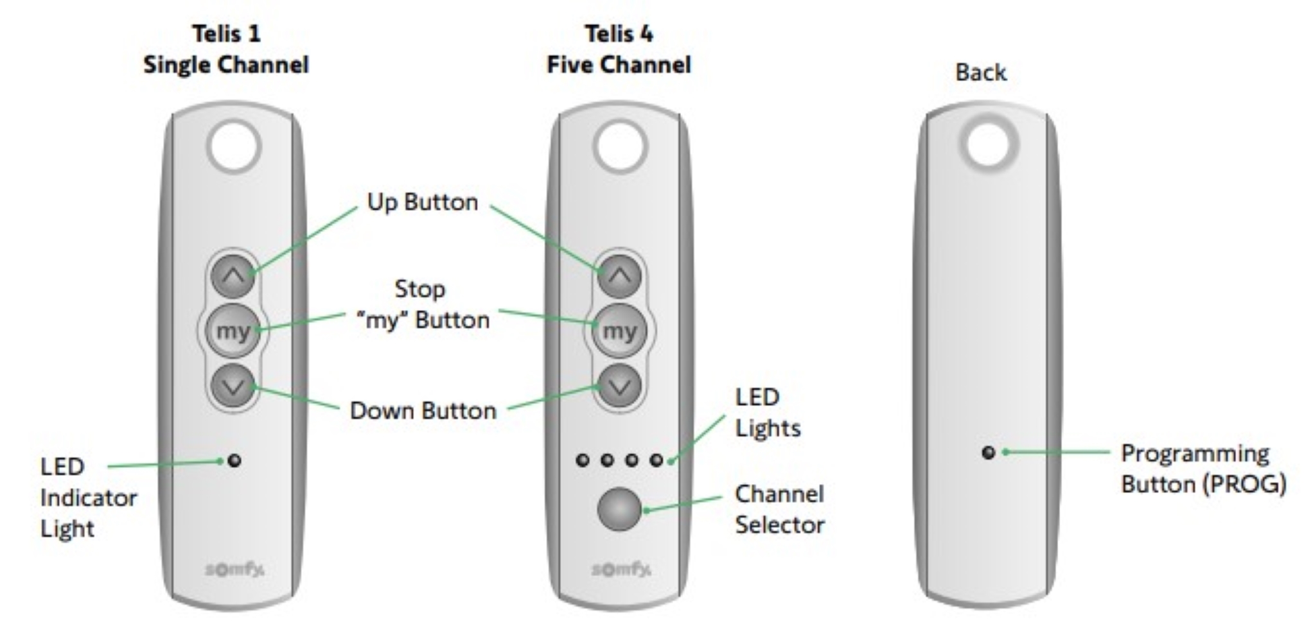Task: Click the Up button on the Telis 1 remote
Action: click(234, 277)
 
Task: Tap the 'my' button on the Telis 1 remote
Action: click(233, 331)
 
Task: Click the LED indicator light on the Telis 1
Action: click(234, 460)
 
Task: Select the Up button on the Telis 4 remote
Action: click(620, 277)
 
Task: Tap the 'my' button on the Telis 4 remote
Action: click(619, 331)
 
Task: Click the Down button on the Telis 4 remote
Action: click(620, 386)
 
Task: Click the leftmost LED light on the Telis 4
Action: click(583, 460)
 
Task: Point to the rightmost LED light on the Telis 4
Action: click(656, 460)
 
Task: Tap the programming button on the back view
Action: click(989, 453)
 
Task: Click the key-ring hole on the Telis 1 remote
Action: click(234, 146)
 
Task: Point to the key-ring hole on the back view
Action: click(989, 144)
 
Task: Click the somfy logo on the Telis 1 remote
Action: click(234, 569)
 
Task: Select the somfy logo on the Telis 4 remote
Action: click(621, 569)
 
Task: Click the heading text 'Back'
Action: click(981, 72)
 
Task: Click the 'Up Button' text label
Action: click(423, 202)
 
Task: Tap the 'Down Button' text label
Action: click(423, 410)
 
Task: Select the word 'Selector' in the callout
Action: click(780, 525)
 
